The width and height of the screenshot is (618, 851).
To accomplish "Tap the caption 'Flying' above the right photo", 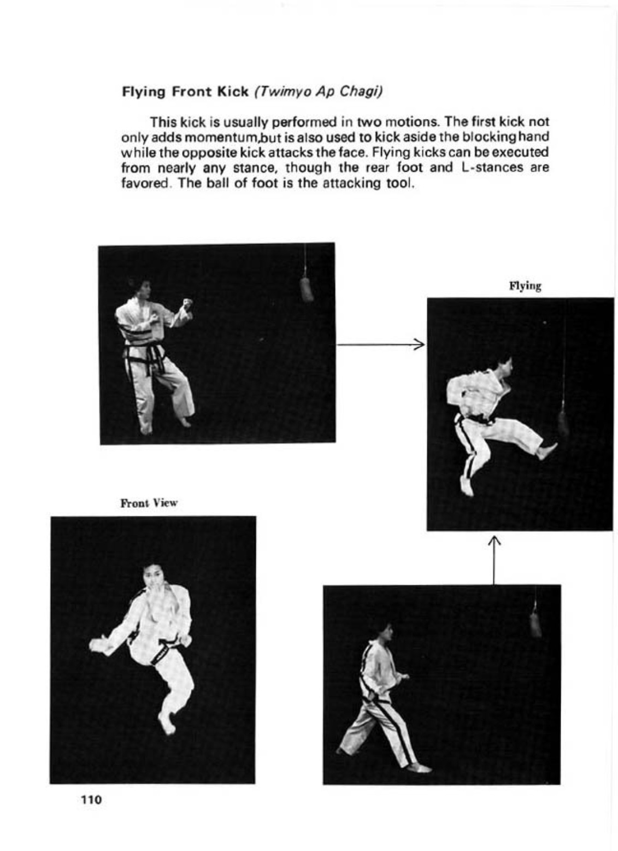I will (x=525, y=286).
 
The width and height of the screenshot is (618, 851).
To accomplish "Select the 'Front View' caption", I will (x=149, y=503).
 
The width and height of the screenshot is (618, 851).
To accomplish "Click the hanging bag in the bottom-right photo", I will (x=535, y=625).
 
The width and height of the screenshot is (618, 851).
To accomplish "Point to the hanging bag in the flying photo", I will (x=563, y=424).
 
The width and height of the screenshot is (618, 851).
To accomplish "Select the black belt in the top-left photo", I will (x=145, y=354).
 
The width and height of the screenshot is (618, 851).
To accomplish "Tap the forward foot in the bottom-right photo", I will (x=419, y=768).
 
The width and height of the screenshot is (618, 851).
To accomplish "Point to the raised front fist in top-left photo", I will (x=188, y=303).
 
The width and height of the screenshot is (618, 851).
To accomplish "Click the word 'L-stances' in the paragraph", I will (x=494, y=167).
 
